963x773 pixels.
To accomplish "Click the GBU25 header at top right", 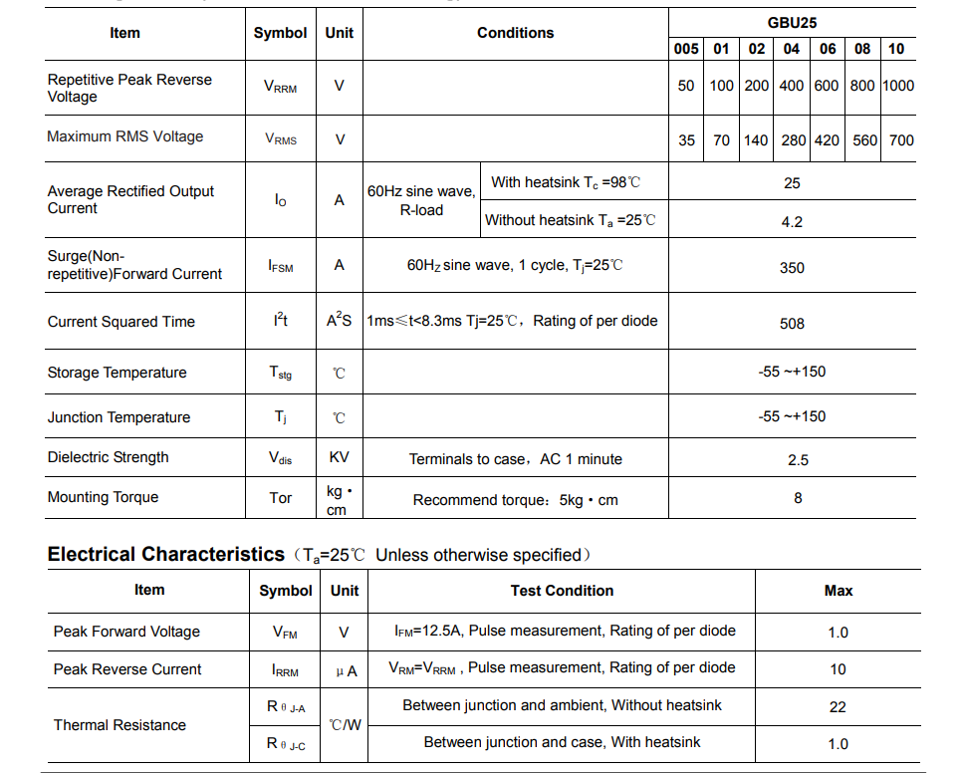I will (793, 23).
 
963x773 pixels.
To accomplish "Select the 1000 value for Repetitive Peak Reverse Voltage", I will (897, 86).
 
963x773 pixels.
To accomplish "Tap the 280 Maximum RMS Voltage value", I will (793, 140).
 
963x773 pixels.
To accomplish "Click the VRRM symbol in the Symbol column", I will (280, 87).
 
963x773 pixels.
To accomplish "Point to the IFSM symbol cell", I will (280, 266).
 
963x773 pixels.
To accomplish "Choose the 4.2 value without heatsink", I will (792, 222).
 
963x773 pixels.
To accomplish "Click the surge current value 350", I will (792, 268).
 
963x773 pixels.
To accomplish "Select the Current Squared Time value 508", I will (792, 324).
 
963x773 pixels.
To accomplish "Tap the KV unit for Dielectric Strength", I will (340, 458).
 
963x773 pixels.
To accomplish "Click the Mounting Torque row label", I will (103, 497).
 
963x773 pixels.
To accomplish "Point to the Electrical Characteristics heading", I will (166, 555).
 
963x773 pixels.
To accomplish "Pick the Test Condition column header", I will (562, 591).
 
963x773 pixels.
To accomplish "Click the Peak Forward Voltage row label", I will (126, 632).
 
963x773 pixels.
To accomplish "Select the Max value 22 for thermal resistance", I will (838, 707).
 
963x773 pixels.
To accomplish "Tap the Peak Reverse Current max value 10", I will (838, 669).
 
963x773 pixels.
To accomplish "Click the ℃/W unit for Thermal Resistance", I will (345, 725).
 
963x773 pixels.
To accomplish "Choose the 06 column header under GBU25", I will (828, 49).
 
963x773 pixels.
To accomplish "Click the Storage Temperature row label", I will (117, 373).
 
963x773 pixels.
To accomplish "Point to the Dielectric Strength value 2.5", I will (798, 460).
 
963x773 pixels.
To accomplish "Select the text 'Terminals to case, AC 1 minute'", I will (515, 459).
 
